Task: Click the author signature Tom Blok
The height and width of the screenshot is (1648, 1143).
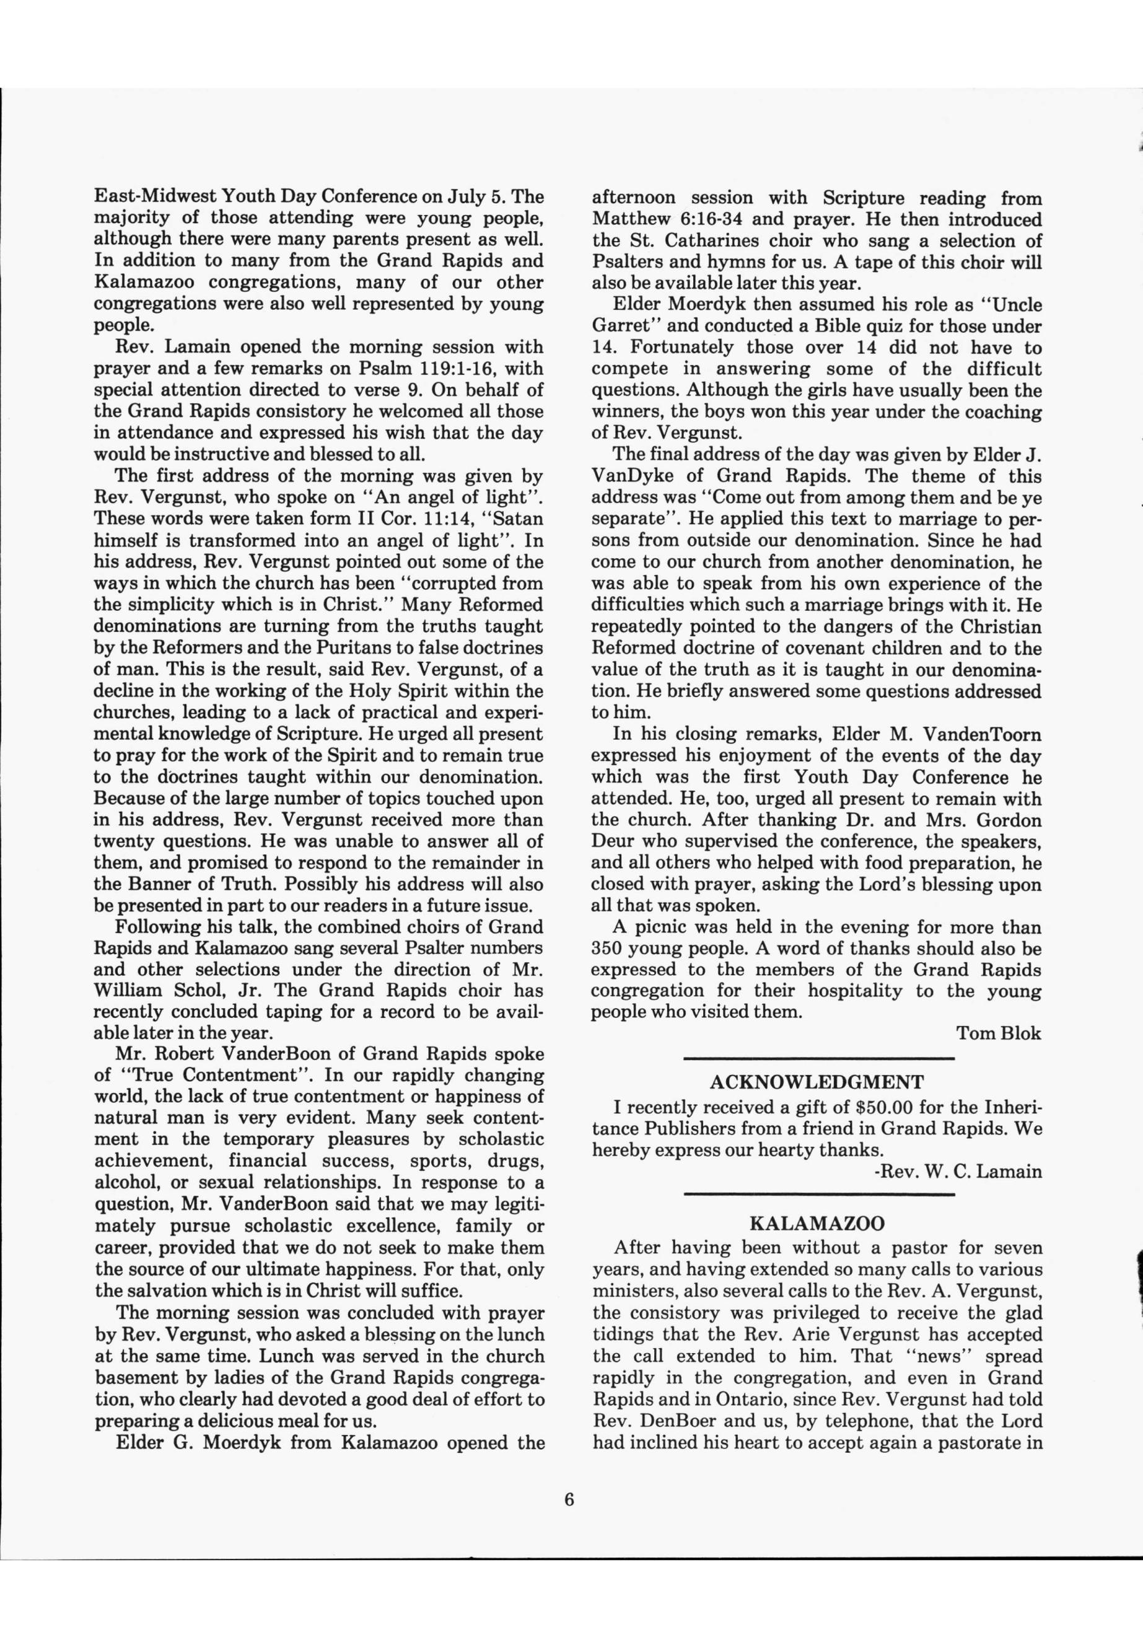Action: pyautogui.click(x=998, y=1033)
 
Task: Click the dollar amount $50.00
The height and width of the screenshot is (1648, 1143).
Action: pyautogui.click(x=885, y=1107)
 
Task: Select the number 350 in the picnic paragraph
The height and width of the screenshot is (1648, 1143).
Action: pyautogui.click(x=610, y=949)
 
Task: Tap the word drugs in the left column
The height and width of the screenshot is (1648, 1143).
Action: pyautogui.click(x=515, y=1161)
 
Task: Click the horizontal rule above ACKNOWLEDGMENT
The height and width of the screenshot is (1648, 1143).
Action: pyautogui.click(x=818, y=1057)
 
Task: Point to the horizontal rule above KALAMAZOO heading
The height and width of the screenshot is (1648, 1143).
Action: pyautogui.click(x=818, y=1194)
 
